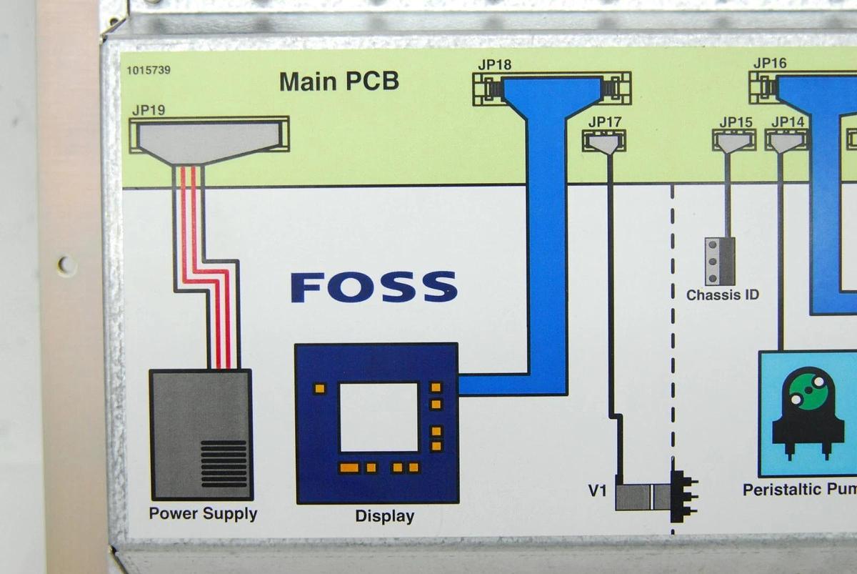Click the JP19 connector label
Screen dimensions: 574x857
(149, 110)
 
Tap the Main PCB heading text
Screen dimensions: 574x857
(339, 81)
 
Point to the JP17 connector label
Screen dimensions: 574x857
(605, 122)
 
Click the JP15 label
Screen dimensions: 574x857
(736, 122)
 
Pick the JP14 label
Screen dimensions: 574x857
(787, 122)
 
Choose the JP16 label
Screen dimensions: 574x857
(770, 63)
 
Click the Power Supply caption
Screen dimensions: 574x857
(203, 513)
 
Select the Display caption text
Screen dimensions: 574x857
(384, 515)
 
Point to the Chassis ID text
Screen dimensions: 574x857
(723, 295)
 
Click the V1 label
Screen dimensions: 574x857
(598, 491)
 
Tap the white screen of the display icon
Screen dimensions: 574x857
(379, 417)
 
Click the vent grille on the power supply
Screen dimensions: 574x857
(223, 462)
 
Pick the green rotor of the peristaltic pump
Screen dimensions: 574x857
(808, 387)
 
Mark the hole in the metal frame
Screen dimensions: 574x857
(66, 265)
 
